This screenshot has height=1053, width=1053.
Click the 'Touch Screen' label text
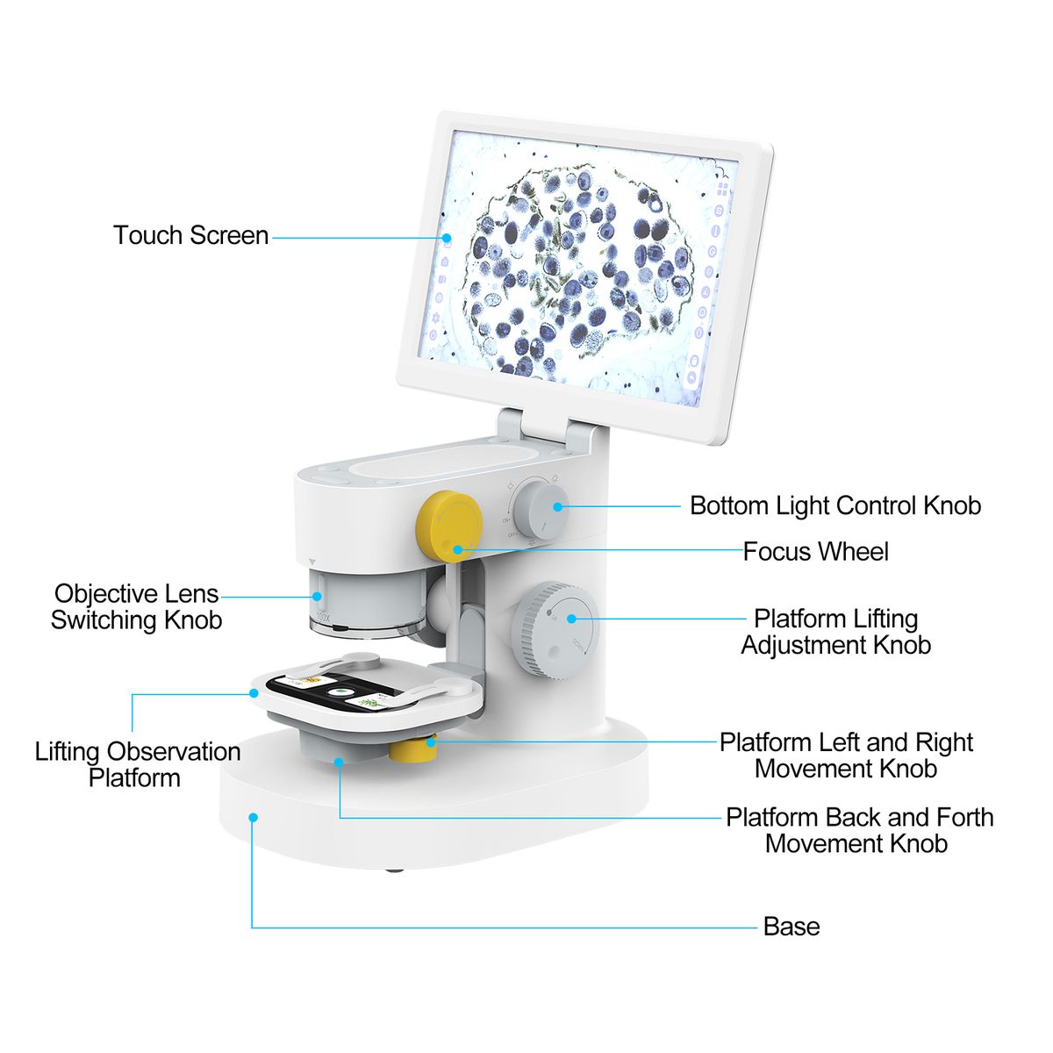190,235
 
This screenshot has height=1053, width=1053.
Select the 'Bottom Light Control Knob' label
835,505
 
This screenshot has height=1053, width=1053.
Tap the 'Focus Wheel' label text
815,552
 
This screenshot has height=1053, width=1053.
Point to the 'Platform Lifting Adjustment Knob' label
835,632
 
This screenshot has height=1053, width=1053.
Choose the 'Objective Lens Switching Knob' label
136,607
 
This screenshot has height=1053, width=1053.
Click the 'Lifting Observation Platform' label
137,764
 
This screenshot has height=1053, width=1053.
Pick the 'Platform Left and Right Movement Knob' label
846,756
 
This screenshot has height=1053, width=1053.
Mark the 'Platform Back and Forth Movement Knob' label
859,830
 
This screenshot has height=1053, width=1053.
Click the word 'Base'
792,927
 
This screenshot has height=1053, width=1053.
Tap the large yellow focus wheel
450,525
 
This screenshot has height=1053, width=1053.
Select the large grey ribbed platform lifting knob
557,629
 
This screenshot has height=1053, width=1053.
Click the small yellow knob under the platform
412,749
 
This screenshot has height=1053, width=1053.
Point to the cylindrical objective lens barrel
368,601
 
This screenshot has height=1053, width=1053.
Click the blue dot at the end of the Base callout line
253,817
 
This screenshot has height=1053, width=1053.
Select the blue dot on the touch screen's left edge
446,237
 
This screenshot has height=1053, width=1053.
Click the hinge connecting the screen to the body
545,429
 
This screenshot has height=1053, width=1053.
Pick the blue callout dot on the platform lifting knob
571,619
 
